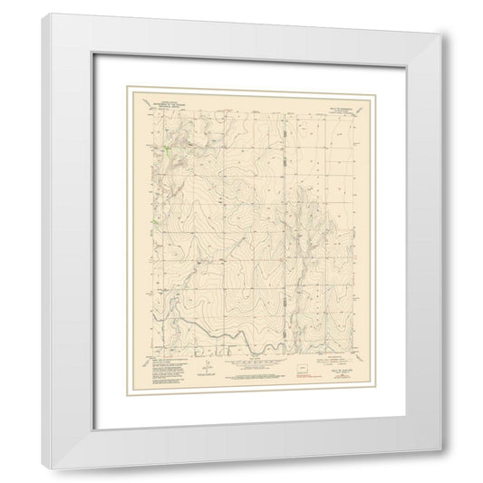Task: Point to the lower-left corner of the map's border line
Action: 155,355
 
